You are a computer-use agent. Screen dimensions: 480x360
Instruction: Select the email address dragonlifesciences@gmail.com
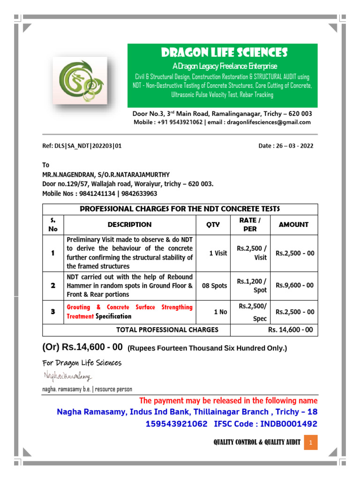pyautogui.click(x=269, y=122)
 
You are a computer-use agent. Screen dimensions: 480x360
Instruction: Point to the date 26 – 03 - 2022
pyautogui.click(x=286, y=146)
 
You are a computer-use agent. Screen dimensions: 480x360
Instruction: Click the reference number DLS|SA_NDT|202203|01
pyautogui.click(x=82, y=146)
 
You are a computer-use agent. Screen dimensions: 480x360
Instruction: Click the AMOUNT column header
pyautogui.click(x=293, y=225)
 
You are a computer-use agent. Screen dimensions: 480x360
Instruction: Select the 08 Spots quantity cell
pyautogui.click(x=214, y=285)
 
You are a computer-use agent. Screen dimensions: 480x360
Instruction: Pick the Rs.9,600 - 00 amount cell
pyautogui.click(x=295, y=285)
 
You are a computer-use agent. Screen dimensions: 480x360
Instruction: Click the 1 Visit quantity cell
pyautogui.click(x=218, y=253)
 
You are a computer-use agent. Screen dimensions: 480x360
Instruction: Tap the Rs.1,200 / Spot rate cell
pyautogui.click(x=252, y=285)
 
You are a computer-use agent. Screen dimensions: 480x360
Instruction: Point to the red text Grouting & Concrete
pyautogui.click(x=97, y=307)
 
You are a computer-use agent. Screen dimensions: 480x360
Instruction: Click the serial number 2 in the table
pyautogui.click(x=53, y=285)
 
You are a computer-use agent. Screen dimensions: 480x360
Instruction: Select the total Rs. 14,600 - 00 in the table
pyautogui.click(x=290, y=330)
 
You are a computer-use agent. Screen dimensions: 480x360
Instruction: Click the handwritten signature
pyautogui.click(x=67, y=376)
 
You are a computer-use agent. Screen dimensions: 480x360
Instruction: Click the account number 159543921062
pyautogui.click(x=177, y=424)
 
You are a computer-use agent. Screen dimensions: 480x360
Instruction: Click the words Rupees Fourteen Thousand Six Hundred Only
pyautogui.click(x=207, y=348)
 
